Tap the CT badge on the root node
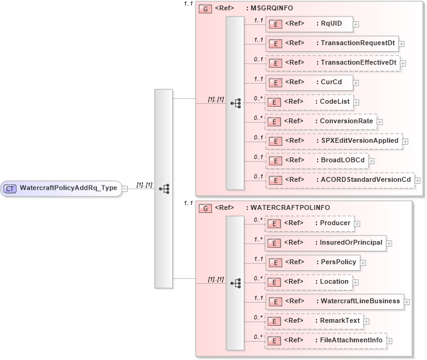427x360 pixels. click(10, 188)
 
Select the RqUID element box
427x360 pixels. click(309, 24)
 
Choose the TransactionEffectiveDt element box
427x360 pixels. click(332, 63)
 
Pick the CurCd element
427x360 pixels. click(309, 82)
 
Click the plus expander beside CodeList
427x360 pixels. click(356, 102)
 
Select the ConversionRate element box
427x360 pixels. click(321, 121)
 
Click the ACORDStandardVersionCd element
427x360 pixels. click(340, 179)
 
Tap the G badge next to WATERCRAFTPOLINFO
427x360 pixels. click(206, 208)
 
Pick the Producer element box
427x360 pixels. click(309, 223)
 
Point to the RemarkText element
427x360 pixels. click(315, 320)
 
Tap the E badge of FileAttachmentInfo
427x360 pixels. click(276, 340)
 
